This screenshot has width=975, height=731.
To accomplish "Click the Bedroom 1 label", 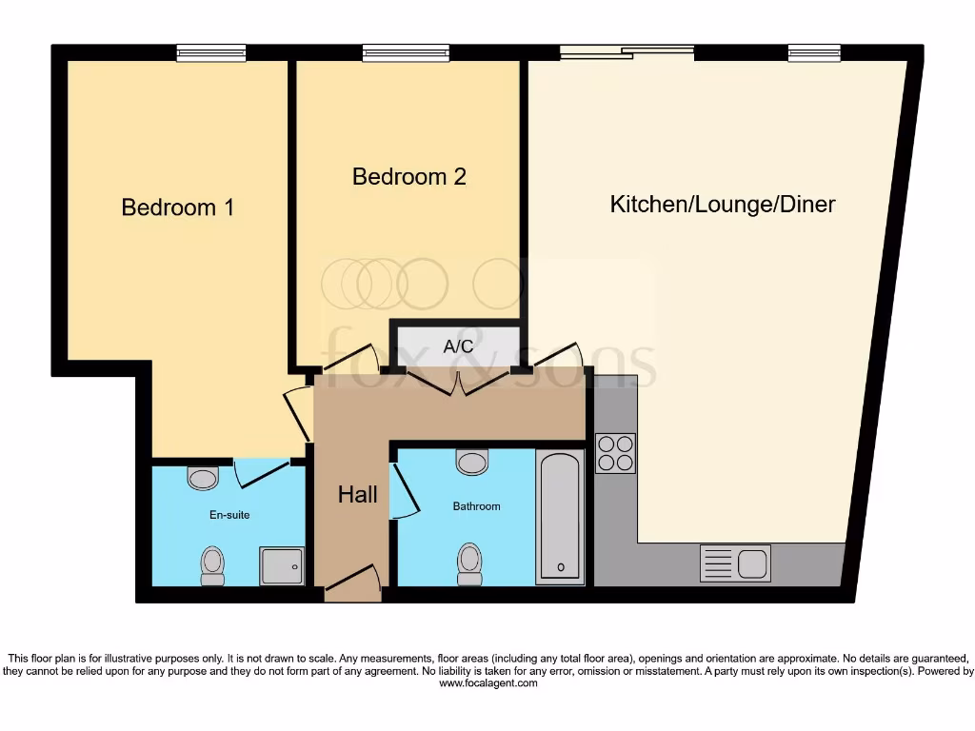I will (178, 207).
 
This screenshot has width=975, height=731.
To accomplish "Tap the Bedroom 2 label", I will (409, 177).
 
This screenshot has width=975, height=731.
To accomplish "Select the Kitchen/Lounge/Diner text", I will (723, 205).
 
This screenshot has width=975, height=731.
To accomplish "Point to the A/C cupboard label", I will (459, 346).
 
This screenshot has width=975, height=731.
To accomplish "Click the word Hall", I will (358, 495).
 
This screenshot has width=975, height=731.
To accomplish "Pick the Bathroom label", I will (476, 506).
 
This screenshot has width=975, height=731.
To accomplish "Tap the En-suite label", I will (229, 515).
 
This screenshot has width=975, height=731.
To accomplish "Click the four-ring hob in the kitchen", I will (615, 453).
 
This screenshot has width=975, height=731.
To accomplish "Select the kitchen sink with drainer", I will (734, 563).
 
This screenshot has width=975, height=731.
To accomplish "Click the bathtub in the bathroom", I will (560, 517).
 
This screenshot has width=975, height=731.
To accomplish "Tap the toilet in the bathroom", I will (469, 563).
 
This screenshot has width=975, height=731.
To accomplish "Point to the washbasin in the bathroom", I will (472, 463).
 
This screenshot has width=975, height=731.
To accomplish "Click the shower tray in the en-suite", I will (283, 565).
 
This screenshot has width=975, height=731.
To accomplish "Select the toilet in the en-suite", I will (212, 565).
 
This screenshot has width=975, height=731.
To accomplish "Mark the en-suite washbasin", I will (203, 477).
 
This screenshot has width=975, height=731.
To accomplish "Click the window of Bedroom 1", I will (211, 53).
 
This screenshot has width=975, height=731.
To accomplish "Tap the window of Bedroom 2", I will (406, 53).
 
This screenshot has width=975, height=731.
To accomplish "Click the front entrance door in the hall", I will (353, 583).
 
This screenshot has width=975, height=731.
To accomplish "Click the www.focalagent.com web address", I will (487, 683).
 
